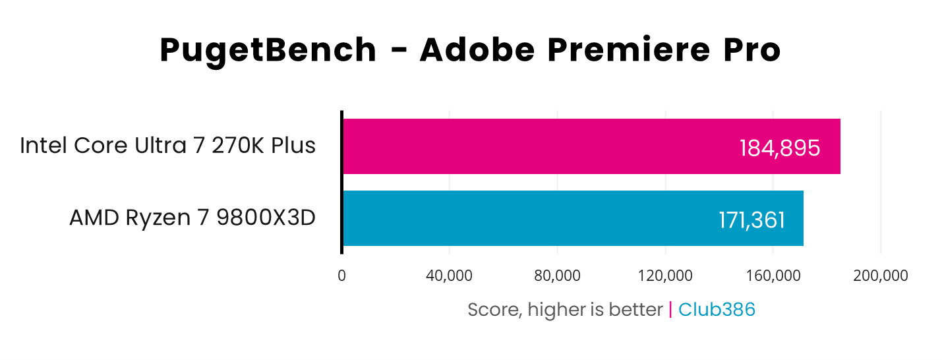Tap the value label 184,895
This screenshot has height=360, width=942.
pos(780,148)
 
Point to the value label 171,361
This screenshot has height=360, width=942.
pos(751,220)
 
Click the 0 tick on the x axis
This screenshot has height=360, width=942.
pos(341,276)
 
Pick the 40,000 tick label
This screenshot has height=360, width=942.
pos(449,276)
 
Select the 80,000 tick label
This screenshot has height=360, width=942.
pos(557,276)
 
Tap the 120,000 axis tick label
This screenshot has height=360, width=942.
pos(665,276)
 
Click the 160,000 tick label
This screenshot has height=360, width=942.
pos(773,276)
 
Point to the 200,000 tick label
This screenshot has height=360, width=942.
pos(881,276)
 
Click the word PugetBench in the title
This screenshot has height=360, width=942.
pos(268,51)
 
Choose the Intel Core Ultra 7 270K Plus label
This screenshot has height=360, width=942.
pos(167,146)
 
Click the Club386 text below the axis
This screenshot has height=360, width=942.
pos(717,309)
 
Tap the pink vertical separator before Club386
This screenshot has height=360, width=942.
pos(670,309)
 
